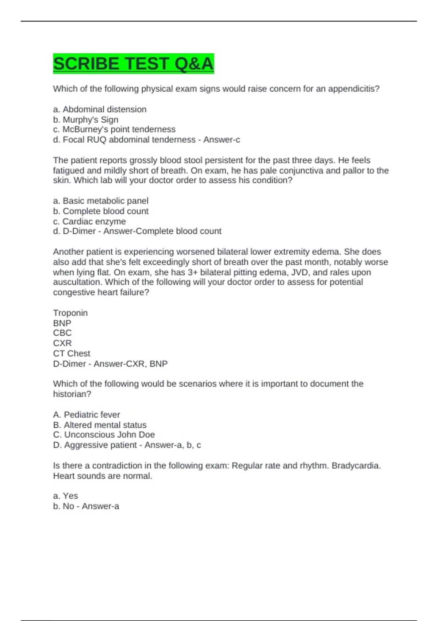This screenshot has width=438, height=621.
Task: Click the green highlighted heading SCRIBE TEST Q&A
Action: [x=133, y=64]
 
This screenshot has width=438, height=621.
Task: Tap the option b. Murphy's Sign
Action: [x=86, y=119]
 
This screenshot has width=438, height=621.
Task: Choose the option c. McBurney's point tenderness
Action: [x=114, y=129]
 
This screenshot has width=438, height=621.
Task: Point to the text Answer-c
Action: [x=222, y=140]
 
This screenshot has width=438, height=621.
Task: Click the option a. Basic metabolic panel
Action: [x=101, y=201]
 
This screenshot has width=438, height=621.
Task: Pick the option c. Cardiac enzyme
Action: [x=89, y=221]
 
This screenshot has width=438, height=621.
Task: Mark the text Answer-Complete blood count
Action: [x=162, y=231]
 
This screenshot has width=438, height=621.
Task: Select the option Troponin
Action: [x=70, y=313]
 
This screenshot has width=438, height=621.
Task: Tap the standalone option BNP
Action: [x=62, y=323]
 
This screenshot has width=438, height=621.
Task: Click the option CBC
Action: [x=62, y=333]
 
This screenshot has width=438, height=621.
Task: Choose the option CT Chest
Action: [x=72, y=353]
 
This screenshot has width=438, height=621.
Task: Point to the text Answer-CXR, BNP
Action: [x=131, y=364]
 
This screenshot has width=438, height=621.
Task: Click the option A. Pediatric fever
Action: [x=87, y=415]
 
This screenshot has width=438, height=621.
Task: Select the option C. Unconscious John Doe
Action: [x=104, y=435]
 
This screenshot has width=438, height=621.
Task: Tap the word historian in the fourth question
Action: [x=71, y=394]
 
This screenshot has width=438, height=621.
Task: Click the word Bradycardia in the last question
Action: [x=356, y=466]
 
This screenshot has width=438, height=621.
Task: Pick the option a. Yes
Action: [x=66, y=496]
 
